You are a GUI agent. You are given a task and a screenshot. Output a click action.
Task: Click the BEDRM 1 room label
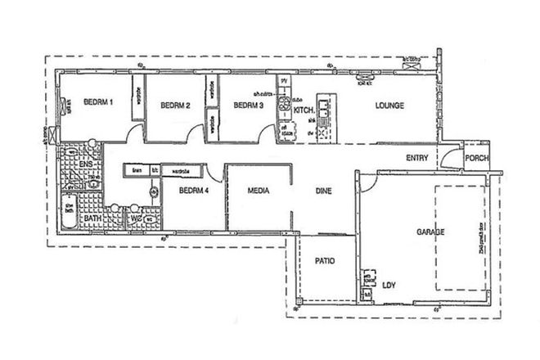tap(98, 102)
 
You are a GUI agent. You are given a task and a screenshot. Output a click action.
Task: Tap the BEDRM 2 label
tap(175, 105)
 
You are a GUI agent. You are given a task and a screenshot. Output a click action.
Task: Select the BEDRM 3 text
tap(247, 105)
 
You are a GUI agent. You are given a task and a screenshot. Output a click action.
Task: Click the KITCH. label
tap(304, 109)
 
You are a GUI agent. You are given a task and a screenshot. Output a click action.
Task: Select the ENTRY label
tap(417, 158)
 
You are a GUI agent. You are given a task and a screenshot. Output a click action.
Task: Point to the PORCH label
tap(476, 158)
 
